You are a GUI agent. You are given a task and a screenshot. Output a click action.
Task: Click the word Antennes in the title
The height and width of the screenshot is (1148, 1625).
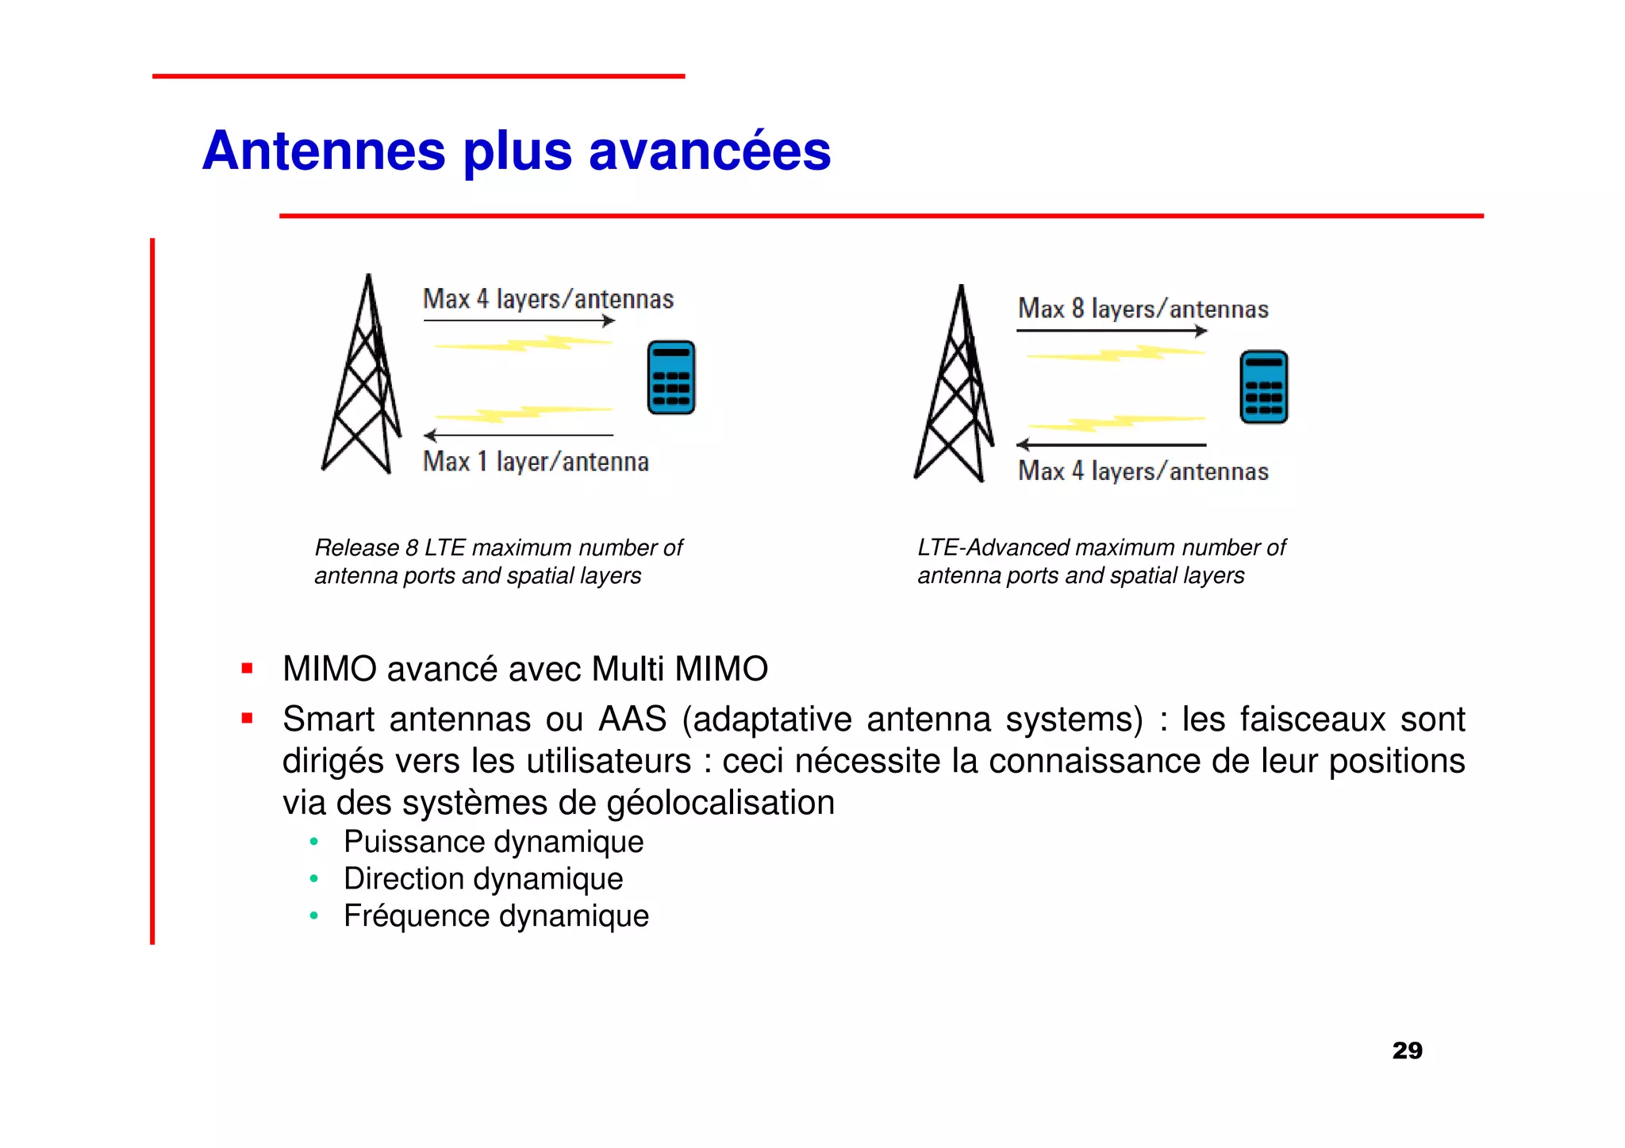pyautogui.click(x=324, y=151)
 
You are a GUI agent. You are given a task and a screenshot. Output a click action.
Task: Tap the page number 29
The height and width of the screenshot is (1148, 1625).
pyautogui.click(x=1407, y=1050)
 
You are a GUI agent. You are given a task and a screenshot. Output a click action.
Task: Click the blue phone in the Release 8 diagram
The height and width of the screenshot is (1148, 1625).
pyautogui.click(x=671, y=378)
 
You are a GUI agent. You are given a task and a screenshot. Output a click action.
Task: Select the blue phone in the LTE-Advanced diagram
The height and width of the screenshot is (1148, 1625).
pyautogui.click(x=1263, y=387)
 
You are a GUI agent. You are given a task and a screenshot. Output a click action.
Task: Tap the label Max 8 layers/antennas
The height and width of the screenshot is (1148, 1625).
pyautogui.click(x=1143, y=309)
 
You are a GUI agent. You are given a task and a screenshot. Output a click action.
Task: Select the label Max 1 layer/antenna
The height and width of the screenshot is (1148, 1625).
pyautogui.click(x=536, y=462)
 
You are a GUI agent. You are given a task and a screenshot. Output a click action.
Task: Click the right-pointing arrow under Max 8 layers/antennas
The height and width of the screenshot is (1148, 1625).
pyautogui.click(x=1111, y=331)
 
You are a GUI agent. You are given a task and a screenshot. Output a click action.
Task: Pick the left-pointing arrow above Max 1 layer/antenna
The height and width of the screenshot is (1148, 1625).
pyautogui.click(x=518, y=435)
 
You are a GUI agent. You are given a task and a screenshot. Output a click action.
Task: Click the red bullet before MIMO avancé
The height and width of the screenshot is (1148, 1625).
pyautogui.click(x=248, y=669)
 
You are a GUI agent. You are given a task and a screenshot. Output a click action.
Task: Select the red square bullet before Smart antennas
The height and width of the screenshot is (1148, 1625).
pyautogui.click(x=248, y=719)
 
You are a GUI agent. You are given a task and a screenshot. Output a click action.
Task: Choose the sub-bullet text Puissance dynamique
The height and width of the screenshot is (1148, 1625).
pyautogui.click(x=493, y=842)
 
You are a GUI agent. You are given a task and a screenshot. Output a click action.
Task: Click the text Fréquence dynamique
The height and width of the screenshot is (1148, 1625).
pyautogui.click(x=496, y=916)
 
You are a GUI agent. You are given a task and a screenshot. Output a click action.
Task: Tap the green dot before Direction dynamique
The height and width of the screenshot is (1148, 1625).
pyautogui.click(x=314, y=879)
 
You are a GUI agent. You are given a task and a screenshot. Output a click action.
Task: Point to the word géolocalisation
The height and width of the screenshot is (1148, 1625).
pyautogui.click(x=720, y=803)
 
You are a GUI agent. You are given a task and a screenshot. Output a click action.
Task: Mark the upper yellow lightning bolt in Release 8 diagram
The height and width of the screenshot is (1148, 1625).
pyautogui.click(x=524, y=344)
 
